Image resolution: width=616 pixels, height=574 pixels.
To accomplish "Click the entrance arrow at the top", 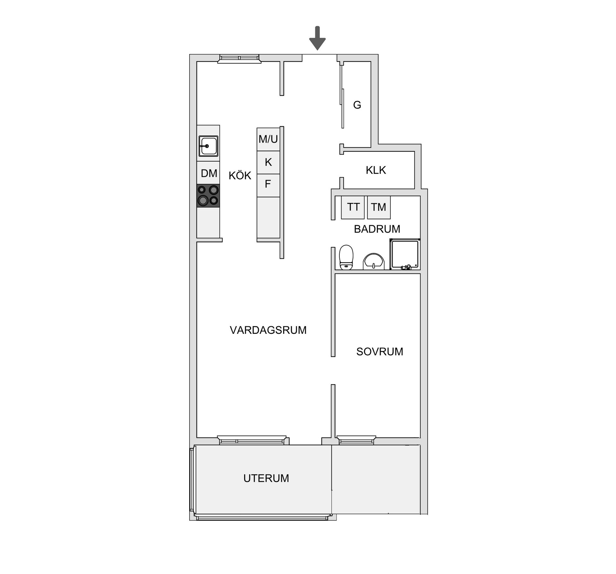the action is click(x=317, y=38).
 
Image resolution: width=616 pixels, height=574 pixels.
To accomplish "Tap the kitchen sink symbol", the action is click(x=208, y=146).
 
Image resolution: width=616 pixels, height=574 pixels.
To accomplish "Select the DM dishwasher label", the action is click(x=209, y=173).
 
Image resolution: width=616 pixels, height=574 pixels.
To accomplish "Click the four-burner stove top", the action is click(x=208, y=196).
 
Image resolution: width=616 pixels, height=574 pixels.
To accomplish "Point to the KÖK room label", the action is click(x=240, y=176).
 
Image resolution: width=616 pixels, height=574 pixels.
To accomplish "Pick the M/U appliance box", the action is click(x=268, y=139).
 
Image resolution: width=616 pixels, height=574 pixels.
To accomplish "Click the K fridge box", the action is click(x=268, y=163).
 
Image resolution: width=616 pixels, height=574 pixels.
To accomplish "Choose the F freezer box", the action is click(x=268, y=185).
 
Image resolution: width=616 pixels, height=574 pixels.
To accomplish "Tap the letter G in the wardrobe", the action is click(x=357, y=105).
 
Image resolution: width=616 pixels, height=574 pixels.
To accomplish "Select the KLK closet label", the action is click(x=376, y=170).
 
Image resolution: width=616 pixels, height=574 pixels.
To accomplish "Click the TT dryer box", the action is click(x=353, y=207).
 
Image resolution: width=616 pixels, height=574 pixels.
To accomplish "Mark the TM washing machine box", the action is click(x=379, y=207).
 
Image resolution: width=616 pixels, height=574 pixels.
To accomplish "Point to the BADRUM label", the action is click(x=377, y=229).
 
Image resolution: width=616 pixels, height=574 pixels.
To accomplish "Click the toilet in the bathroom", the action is click(x=346, y=257).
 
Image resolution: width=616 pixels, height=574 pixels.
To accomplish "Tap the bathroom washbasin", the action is click(x=374, y=261).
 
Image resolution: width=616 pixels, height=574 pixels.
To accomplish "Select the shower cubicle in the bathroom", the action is click(x=405, y=254).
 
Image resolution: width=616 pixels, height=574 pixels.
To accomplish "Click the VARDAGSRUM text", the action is click(x=268, y=330).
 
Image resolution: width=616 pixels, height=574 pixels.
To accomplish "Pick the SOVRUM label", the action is click(x=380, y=352).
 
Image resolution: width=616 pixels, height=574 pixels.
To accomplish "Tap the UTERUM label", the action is click(x=266, y=478).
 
